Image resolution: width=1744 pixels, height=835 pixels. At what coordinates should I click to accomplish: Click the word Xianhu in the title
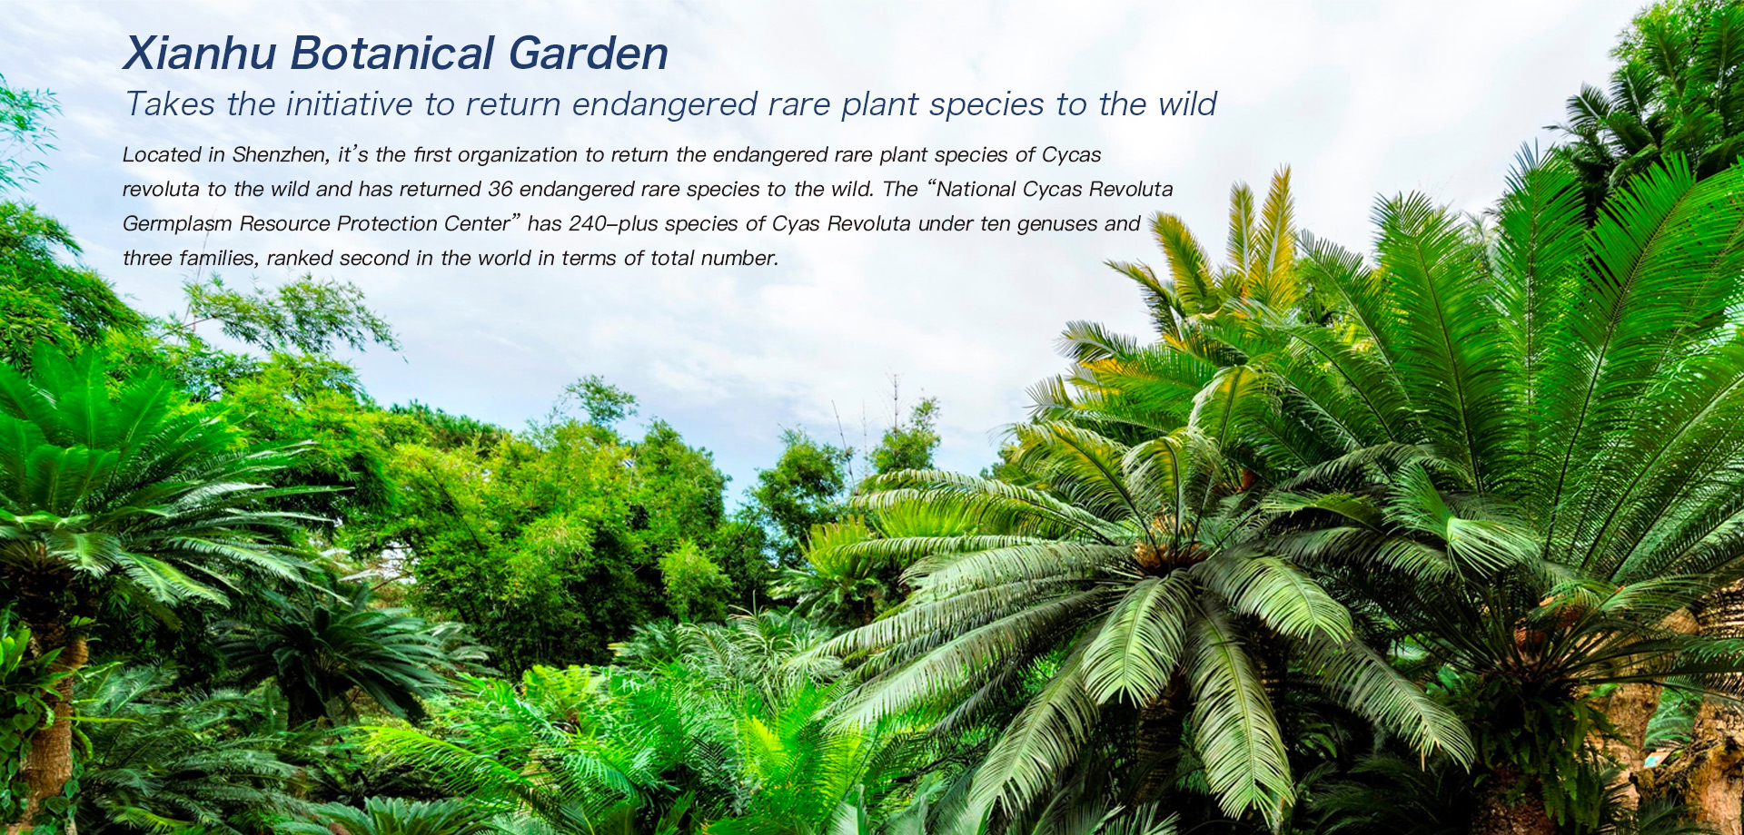coord(200,53)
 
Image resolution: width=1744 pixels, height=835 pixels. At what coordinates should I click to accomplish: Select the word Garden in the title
coord(589,53)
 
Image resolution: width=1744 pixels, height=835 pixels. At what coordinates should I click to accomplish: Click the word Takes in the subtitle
coord(171,104)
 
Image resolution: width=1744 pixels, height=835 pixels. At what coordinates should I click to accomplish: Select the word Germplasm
coord(177,224)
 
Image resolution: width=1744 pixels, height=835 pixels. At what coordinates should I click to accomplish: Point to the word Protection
coord(387,223)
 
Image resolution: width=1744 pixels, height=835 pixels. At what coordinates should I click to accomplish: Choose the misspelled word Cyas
coord(796,224)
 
